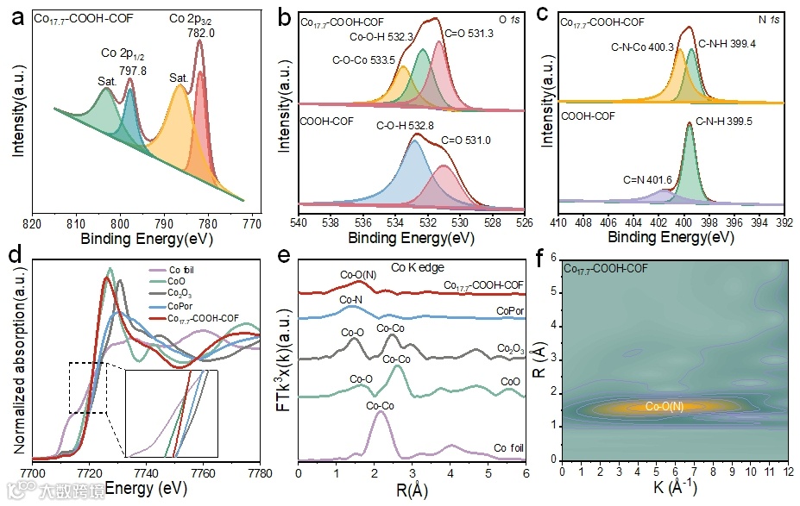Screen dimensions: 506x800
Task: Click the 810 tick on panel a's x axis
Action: tap(76, 222)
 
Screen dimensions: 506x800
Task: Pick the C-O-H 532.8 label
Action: tap(406, 126)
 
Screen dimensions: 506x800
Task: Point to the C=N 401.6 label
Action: tap(647, 179)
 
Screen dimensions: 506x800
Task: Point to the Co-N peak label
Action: tap(351, 300)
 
